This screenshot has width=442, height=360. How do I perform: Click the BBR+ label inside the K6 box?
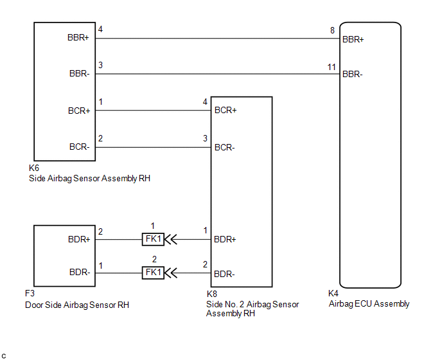pyautogui.click(x=78, y=37)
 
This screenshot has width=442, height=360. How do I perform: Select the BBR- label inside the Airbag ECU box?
pyautogui.click(x=352, y=74)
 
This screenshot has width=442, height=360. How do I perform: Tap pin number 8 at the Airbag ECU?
pyautogui.click(x=332, y=30)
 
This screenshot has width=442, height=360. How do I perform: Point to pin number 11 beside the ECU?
pyautogui.click(x=331, y=67)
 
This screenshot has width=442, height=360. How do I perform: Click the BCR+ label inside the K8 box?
pyautogui.click(x=225, y=110)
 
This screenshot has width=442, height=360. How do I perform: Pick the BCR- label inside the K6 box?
pyautogui.click(x=80, y=147)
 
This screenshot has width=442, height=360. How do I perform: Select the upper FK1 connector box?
pyautogui.click(x=153, y=239)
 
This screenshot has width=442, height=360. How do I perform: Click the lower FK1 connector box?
pyautogui.click(x=153, y=273)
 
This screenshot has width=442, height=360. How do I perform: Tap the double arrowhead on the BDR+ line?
pyautogui.click(x=171, y=240)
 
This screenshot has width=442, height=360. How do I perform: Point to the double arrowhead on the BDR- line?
pyautogui.click(x=171, y=273)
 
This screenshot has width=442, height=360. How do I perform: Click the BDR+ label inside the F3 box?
pyautogui.click(x=79, y=239)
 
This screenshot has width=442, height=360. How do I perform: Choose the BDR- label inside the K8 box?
pyautogui.click(x=224, y=274)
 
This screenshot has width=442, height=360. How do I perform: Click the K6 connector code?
pyautogui.click(x=34, y=168)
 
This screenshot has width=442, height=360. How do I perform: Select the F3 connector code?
pyautogui.click(x=30, y=293)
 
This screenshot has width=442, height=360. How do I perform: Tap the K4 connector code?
pyautogui.click(x=333, y=293)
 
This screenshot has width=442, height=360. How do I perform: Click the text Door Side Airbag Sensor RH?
pyautogui.click(x=77, y=305)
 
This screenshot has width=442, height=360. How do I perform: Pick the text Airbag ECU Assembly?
pyautogui.click(x=369, y=304)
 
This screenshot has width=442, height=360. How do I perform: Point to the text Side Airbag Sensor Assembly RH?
pyautogui.click(x=90, y=178)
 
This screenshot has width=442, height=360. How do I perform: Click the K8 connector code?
pyautogui.click(x=212, y=294)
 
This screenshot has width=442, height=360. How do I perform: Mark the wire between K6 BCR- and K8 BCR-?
pyautogui.click(x=153, y=147)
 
